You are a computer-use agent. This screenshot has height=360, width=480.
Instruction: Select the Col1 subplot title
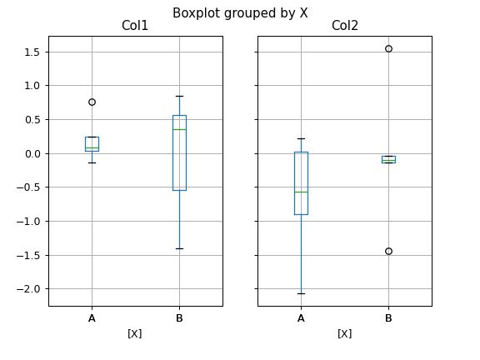click(x=135, y=27)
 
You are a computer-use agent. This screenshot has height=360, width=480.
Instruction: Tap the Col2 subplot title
click(x=344, y=27)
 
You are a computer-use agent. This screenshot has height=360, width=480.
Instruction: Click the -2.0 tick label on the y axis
click(x=29, y=289)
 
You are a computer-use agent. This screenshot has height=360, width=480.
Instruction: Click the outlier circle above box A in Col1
click(x=92, y=102)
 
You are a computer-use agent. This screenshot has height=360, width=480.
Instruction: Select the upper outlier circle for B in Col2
click(x=388, y=48)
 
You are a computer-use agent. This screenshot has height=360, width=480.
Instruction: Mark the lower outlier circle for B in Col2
click(x=388, y=251)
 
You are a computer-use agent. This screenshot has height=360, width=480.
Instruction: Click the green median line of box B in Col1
click(x=179, y=129)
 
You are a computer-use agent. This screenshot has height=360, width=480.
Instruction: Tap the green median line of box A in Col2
click(x=301, y=192)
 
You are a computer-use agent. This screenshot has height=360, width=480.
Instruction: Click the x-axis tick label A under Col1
click(x=92, y=317)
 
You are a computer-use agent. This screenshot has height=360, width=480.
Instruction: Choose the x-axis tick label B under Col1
click(x=179, y=317)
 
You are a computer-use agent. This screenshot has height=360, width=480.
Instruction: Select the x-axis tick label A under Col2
click(x=301, y=317)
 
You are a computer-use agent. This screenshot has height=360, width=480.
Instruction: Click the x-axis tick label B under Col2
click(x=388, y=317)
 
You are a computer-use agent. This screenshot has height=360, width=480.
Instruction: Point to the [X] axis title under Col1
click(x=135, y=333)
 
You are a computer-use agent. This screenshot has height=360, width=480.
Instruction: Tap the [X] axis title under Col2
click(x=344, y=333)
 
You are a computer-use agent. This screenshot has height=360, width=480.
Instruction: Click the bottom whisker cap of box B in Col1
click(x=179, y=248)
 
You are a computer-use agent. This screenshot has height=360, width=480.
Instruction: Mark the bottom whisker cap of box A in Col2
click(x=301, y=293)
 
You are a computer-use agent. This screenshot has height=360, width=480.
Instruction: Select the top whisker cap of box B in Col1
click(x=179, y=96)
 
